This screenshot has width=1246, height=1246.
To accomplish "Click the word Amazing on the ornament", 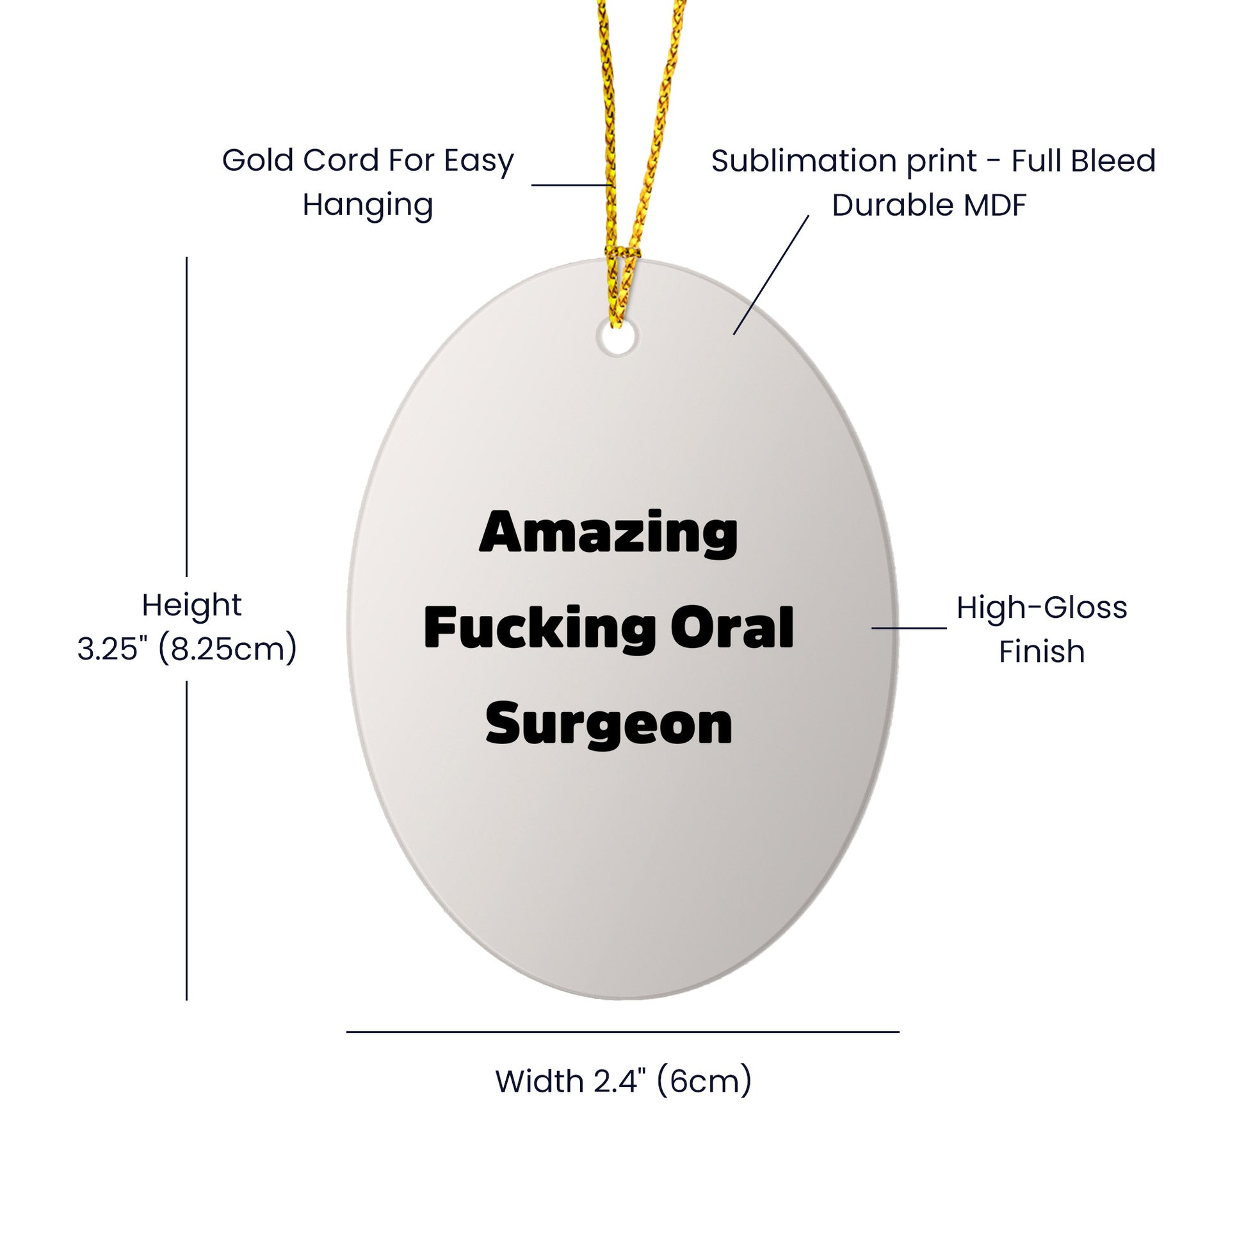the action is tap(608, 535).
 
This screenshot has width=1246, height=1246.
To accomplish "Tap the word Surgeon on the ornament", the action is tap(609, 725).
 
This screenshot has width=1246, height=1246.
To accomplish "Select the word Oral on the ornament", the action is tap(732, 627).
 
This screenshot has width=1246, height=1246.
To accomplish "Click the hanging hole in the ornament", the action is tap(617, 338).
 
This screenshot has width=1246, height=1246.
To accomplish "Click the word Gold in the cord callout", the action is tap(258, 160).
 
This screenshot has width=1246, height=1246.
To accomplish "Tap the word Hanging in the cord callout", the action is tap(368, 205).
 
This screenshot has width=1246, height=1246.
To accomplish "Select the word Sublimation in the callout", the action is tap(805, 161).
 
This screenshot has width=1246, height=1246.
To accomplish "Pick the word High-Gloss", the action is tap(1042, 608).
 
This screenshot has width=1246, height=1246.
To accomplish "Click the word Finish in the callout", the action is tap(1042, 651).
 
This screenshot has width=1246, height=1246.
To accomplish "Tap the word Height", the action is tap(191, 606).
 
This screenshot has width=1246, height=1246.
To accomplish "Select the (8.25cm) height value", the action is tap(228, 649).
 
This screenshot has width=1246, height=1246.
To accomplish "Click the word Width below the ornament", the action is tap(540, 1081).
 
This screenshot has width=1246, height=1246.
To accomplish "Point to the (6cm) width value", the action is tap(704, 1081).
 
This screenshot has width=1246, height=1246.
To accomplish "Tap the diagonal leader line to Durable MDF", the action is tap(771, 275).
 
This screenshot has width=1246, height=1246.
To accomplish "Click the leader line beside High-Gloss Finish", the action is tap(909, 627).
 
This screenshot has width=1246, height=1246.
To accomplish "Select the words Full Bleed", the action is tap(1083, 161).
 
